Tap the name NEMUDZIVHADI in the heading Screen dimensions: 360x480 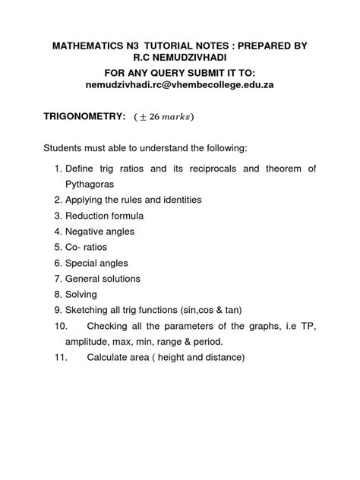tap(191, 59)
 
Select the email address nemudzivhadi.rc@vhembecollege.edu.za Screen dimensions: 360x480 tap(179, 85)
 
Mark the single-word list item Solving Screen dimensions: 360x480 tap(79, 295)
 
